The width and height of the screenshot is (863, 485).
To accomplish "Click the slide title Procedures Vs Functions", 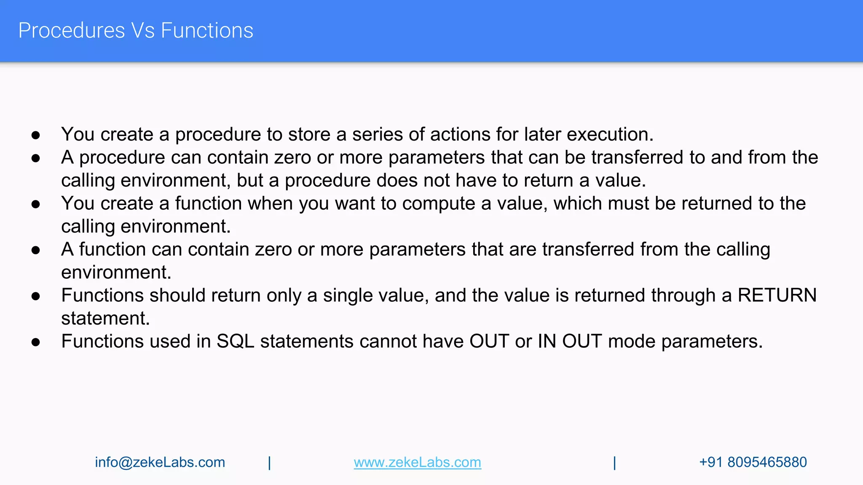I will (x=136, y=31).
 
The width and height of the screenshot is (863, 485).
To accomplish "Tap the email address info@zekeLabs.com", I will (x=160, y=462).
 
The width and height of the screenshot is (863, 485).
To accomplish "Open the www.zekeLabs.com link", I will (x=417, y=462).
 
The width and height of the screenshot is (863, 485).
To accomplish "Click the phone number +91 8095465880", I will (x=753, y=462).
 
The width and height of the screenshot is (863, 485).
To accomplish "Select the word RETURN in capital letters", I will (x=777, y=295).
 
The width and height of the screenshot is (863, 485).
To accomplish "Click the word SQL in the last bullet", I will (x=235, y=341).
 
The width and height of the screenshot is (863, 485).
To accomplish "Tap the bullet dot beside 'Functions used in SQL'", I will (x=36, y=342).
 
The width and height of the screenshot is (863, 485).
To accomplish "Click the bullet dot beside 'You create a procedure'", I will (x=36, y=135).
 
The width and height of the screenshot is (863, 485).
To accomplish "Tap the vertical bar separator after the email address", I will (x=269, y=463).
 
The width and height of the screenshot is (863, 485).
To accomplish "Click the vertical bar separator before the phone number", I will (x=614, y=463).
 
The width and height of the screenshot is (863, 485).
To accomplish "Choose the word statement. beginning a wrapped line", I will (x=105, y=318).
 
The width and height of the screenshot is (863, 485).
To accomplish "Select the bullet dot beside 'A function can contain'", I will (x=36, y=250).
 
